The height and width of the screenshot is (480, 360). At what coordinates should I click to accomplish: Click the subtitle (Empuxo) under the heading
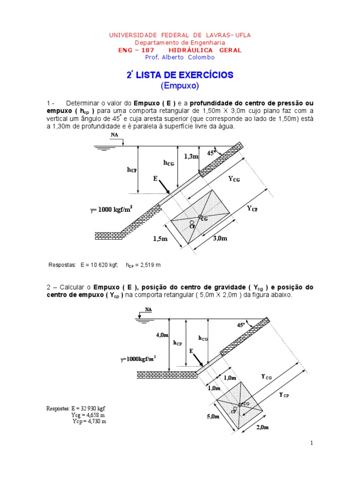tap(180, 86)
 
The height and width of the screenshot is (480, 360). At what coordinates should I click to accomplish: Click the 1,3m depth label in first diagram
tap(191, 156)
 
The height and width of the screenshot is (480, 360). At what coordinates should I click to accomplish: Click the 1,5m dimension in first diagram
tap(160, 238)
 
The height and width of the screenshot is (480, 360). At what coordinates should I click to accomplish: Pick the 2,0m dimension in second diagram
tap(262, 427)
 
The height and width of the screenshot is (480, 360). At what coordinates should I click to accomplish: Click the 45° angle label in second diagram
tap(241, 325)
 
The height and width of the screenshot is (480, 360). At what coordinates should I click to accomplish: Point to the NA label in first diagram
tap(114, 135)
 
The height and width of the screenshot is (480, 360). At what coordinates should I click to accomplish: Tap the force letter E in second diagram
tap(191, 351)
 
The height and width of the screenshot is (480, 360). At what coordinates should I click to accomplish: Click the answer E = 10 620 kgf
tap(99, 265)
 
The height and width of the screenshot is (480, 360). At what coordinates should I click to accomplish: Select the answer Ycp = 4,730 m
tap(89, 421)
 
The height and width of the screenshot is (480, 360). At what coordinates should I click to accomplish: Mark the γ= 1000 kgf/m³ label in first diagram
tap(111, 210)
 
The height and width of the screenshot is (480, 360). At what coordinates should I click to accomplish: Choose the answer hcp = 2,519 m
tap(143, 265)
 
